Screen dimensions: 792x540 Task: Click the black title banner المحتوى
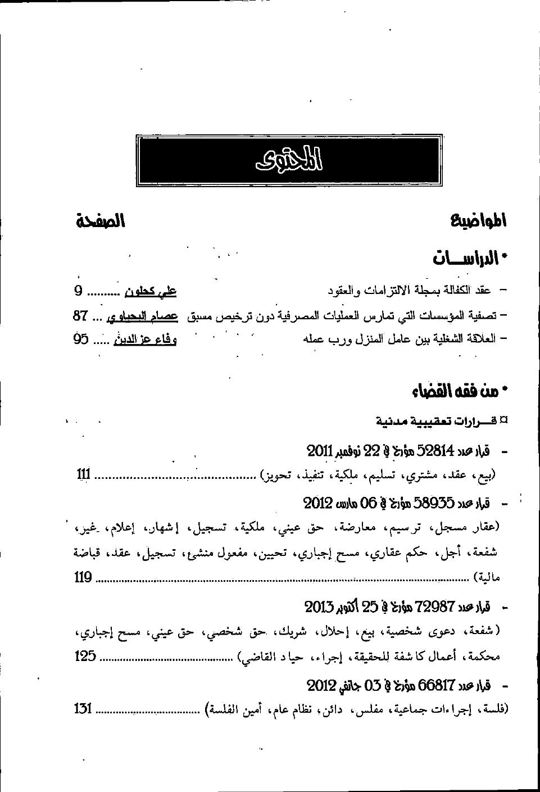coord(287,161)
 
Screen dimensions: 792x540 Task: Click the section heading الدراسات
coord(470,259)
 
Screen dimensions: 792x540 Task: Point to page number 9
coord(79,291)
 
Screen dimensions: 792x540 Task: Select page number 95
coord(81,340)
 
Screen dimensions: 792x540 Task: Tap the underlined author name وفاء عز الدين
coord(145,340)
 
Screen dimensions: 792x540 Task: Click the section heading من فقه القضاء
coord(460,392)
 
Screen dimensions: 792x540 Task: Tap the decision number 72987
coord(435,607)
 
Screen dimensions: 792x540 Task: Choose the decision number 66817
coord(436,686)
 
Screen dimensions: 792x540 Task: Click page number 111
coord(83,475)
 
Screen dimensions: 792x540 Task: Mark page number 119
coord(83,577)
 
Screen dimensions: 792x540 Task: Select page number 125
coord(85,655)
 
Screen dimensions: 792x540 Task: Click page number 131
coord(83,708)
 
